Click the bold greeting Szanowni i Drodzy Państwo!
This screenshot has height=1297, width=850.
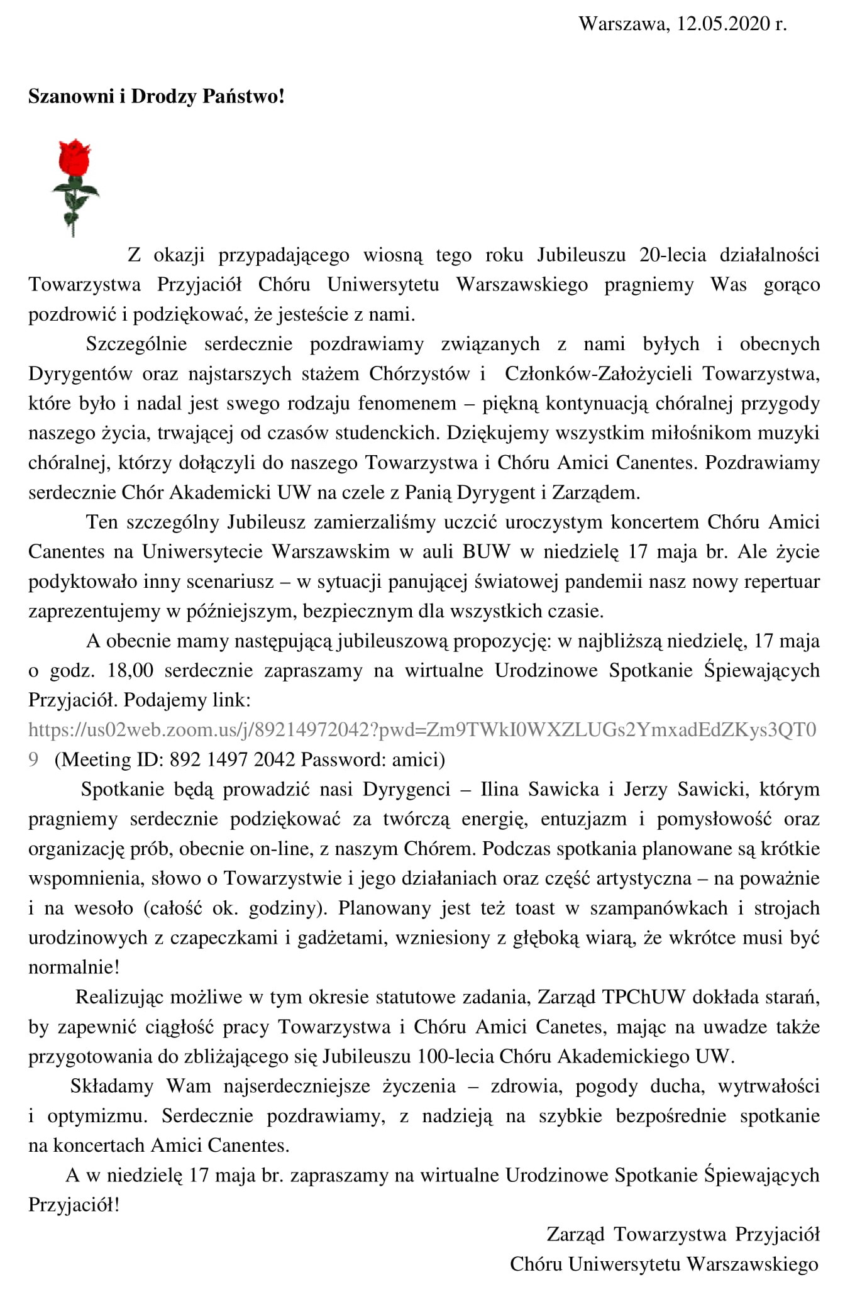[157, 96]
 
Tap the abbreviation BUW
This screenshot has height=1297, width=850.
[486, 552]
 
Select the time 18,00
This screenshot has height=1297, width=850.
[130, 670]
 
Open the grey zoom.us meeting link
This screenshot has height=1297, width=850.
[422, 730]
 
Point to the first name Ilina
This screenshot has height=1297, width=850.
[498, 789]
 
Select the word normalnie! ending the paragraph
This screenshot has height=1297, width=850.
[74, 967]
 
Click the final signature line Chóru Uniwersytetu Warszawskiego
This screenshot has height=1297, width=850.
[664, 1264]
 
